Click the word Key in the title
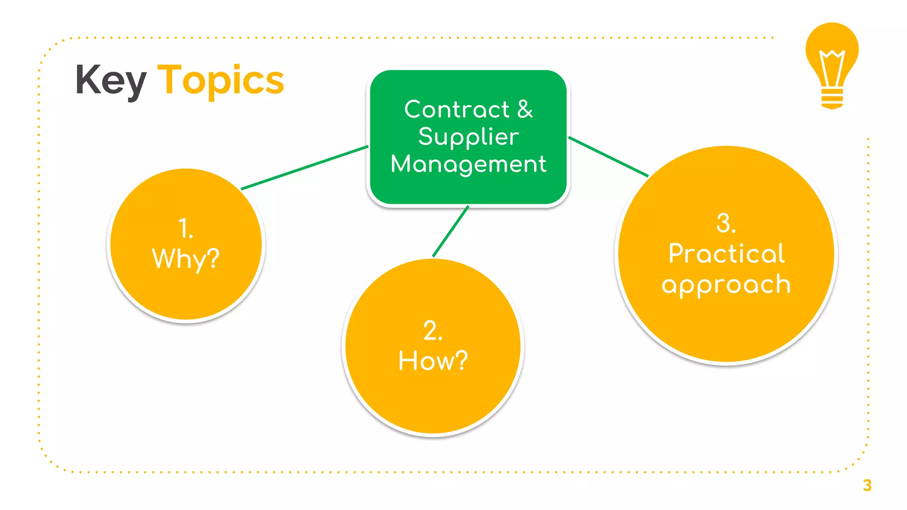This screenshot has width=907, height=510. [x=111, y=80]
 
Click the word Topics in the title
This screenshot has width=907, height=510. [x=221, y=80]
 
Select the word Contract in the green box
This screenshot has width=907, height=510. [x=457, y=109]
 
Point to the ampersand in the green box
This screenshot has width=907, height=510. [x=525, y=109]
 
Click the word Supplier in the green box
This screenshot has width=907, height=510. [x=469, y=137]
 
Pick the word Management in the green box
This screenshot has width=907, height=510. [x=469, y=164]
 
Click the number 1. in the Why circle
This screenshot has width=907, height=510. [x=186, y=228]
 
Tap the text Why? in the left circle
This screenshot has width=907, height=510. [x=186, y=259]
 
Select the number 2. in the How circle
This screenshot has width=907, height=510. [x=433, y=331]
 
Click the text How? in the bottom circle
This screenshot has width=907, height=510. [x=433, y=360]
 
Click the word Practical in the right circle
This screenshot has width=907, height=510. [x=726, y=254]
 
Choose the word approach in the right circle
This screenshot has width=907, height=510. [x=726, y=285]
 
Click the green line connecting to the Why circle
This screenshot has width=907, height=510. [x=305, y=168]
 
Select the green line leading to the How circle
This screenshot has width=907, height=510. [x=450, y=232]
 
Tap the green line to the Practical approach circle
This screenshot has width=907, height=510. [x=609, y=157]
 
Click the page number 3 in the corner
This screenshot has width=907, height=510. [x=867, y=486]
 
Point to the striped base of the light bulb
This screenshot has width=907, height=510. [x=832, y=98]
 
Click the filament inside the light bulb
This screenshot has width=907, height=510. [x=832, y=66]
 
